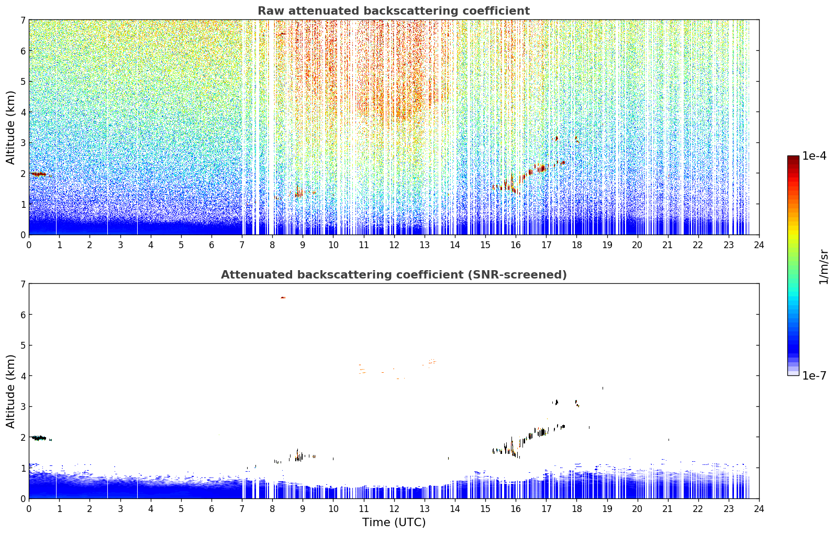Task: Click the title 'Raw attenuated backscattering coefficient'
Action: tap(394, 11)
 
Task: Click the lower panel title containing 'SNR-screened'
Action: tap(394, 275)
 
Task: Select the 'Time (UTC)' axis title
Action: tap(394, 522)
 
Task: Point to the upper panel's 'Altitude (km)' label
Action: tap(10, 128)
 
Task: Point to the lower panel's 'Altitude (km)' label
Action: tap(10, 392)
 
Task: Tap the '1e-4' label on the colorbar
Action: tap(814, 156)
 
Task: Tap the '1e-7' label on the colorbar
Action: tap(814, 375)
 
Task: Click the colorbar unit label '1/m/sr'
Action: tap(823, 267)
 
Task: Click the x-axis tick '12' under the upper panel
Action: tap(394, 245)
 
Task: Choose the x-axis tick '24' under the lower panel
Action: tap(759, 509)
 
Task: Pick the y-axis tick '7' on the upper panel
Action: tap(23, 20)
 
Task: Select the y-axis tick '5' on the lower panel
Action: tap(23, 346)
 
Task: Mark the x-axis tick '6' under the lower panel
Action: tap(211, 509)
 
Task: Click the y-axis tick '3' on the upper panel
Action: tap(23, 143)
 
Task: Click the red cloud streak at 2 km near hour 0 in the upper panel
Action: tap(38, 174)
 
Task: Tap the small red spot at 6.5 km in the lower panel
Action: tap(283, 297)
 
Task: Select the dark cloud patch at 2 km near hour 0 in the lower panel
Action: tap(39, 438)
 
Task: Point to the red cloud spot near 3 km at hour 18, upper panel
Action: tap(577, 139)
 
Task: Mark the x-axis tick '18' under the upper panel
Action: tap(577, 245)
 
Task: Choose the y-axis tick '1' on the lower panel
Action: tap(23, 469)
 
